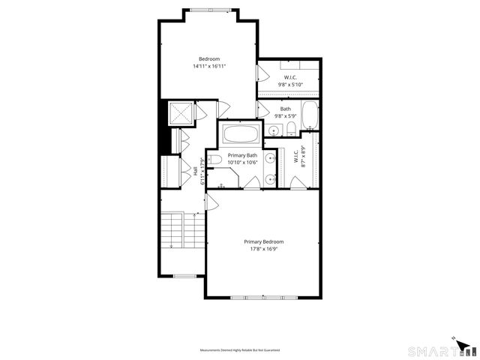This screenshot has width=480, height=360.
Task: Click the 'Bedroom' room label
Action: pyautogui.click(x=208, y=58)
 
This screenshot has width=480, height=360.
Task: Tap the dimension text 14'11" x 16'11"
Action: pyautogui.click(x=209, y=67)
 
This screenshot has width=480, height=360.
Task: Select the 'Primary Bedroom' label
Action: pyautogui.click(x=263, y=241)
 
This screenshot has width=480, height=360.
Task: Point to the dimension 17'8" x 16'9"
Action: pyautogui.click(x=263, y=250)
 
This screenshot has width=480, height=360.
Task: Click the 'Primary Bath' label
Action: pyautogui.click(x=242, y=155)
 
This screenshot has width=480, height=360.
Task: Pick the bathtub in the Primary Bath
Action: pyautogui.click(x=241, y=135)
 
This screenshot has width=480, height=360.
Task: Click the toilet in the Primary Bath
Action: pyautogui.click(x=214, y=160)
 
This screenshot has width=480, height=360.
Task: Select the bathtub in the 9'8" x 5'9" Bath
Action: pyautogui.click(x=311, y=118)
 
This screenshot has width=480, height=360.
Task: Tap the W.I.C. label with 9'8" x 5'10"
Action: pyautogui.click(x=289, y=78)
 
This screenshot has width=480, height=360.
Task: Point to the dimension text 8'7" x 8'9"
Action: pyautogui.click(x=304, y=155)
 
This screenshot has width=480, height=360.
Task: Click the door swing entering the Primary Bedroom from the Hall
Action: pyautogui.click(x=211, y=200)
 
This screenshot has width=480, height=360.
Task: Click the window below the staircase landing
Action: pyautogui.click(x=184, y=276)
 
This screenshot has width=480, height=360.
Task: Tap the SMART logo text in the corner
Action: pyautogui.click(x=433, y=350)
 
